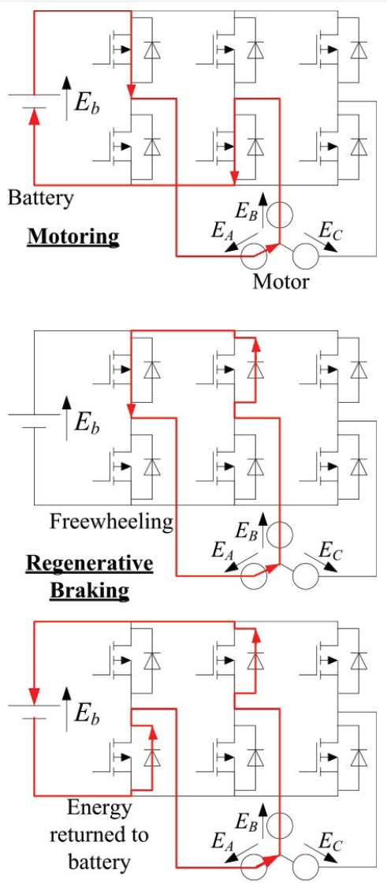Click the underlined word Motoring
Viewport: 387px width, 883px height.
pyautogui.click(x=73, y=236)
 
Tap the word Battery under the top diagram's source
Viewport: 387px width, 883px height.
pyautogui.click(x=40, y=199)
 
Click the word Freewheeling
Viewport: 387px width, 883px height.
pyautogui.click(x=112, y=521)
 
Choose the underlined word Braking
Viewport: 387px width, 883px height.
pyautogui.click(x=90, y=590)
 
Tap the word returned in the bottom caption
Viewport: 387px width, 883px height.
pyautogui.click(x=99, y=834)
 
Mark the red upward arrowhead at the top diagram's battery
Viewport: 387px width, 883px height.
pyautogui.click(x=35, y=116)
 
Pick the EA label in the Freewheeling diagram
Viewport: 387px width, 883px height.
pyautogui.click(x=221, y=551)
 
